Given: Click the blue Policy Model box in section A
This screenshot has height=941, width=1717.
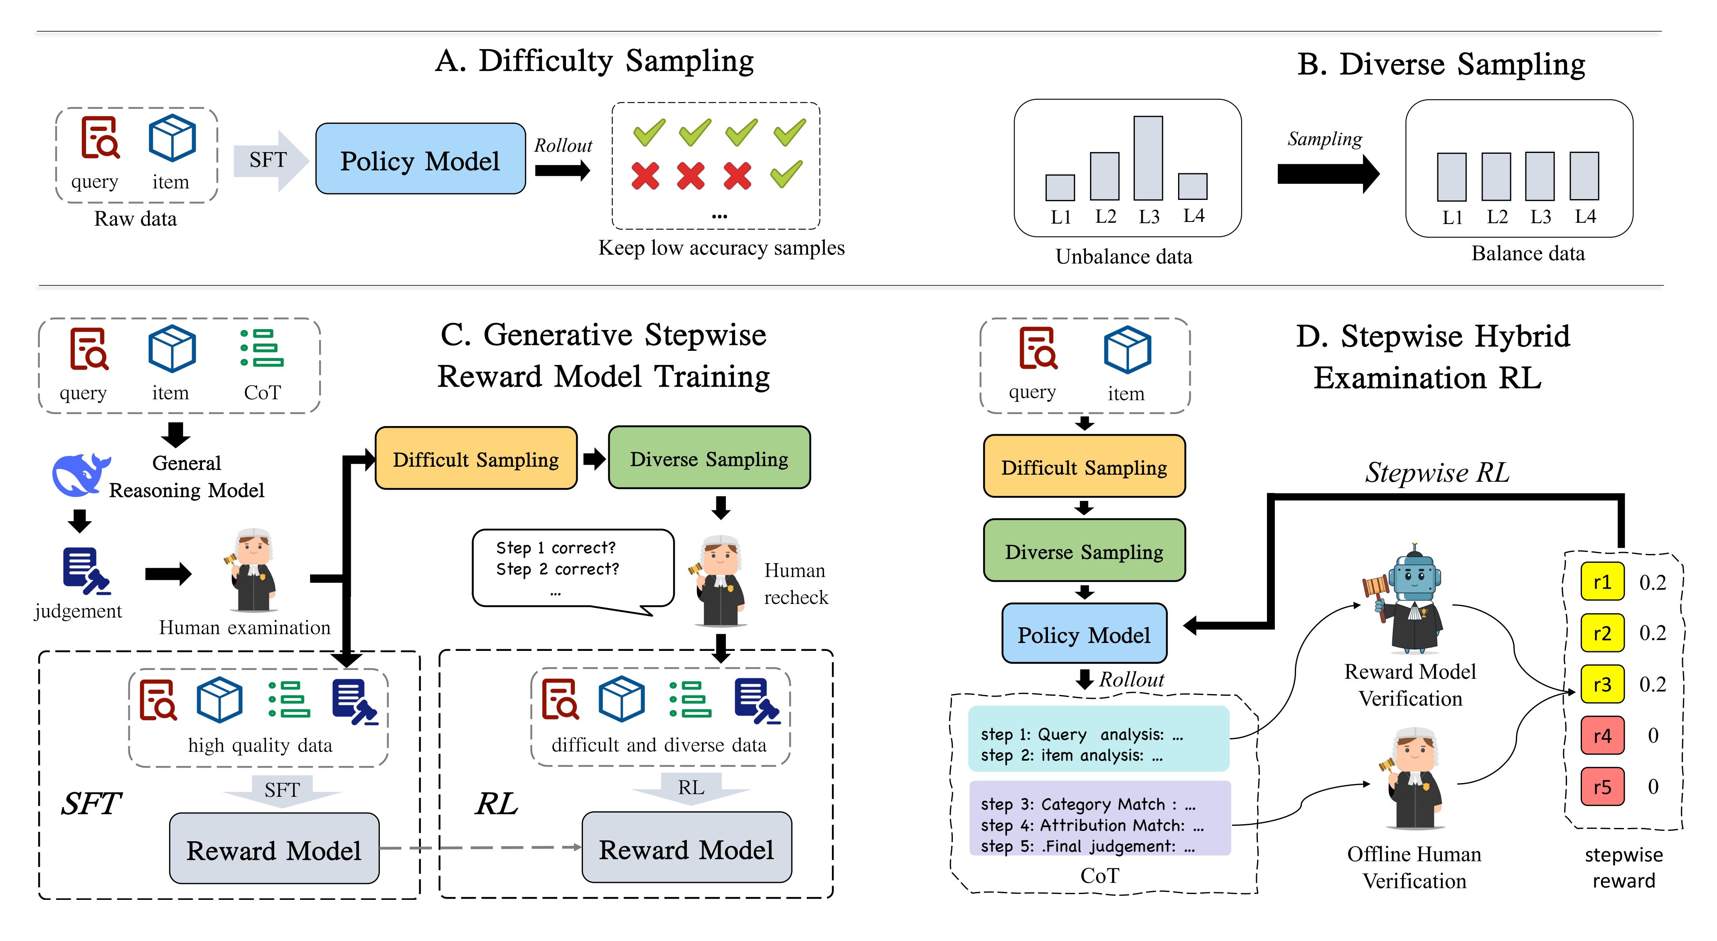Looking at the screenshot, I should pos(420,159).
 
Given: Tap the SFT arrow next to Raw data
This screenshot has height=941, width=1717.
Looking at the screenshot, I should pos(270,160).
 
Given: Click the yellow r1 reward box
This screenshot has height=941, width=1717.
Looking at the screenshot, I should pos(1602,582).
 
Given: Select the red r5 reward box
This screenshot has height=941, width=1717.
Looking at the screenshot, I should pos(1602,787).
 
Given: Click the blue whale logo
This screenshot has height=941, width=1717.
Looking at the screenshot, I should pos(80,475).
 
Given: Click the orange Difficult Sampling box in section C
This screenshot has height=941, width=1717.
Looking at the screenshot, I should pos(476,459).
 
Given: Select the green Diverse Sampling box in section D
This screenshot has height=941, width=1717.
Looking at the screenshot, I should pos(1084,551).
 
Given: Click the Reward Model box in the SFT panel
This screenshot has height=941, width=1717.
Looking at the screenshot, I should pos(274,849).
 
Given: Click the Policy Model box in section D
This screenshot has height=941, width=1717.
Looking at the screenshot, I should pos(1084,633).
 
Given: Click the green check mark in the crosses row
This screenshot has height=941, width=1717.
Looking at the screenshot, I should pos(787,174).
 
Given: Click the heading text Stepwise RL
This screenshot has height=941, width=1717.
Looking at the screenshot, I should pos(1437,472).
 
